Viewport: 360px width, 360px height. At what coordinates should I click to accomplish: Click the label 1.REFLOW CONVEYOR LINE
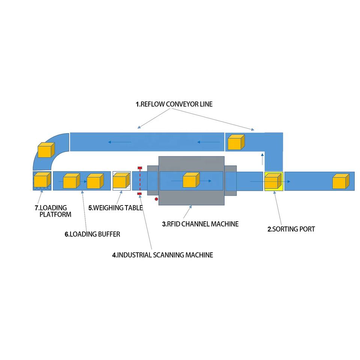point(174,104)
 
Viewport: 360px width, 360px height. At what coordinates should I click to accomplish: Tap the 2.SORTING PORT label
point(291,229)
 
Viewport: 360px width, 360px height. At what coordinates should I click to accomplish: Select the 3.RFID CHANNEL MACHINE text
point(200,224)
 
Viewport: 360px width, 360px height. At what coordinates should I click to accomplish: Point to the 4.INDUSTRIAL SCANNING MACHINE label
point(163,255)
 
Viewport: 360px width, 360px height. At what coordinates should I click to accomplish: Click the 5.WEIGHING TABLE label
point(115,207)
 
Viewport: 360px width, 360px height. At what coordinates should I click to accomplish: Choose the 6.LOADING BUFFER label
point(92,234)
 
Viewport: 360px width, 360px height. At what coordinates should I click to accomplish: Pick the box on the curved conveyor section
point(46,150)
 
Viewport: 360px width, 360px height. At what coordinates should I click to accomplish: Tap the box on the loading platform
point(42,180)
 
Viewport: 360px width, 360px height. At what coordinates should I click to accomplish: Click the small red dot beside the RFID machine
point(156,199)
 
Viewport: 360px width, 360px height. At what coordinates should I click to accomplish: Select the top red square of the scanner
point(140,168)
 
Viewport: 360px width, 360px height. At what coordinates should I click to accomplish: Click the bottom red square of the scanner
point(139,193)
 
